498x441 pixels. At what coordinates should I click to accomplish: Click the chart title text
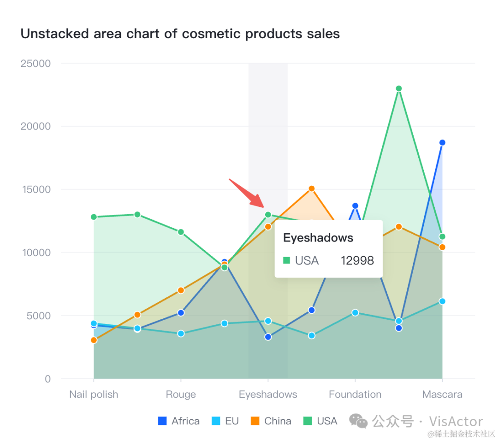point(180,34)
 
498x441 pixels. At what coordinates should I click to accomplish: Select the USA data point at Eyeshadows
point(268,215)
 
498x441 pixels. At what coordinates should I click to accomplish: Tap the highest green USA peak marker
point(399,88)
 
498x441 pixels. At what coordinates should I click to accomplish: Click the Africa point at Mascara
point(442,142)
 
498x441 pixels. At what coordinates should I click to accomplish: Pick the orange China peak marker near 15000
point(312,188)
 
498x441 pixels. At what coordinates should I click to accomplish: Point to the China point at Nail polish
point(94,340)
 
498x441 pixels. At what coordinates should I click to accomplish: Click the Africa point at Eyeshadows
point(268,337)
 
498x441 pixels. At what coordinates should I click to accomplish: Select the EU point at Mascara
point(442,301)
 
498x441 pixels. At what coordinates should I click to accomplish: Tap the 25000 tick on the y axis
point(36,63)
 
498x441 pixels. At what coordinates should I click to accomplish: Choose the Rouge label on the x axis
point(181,394)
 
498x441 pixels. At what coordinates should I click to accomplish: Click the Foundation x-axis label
point(355,394)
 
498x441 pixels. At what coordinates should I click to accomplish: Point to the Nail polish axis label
point(94,394)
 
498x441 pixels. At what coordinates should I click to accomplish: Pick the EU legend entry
point(225,421)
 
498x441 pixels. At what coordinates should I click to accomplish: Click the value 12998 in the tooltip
point(357,261)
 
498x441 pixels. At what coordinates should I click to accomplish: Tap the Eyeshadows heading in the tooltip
point(318,238)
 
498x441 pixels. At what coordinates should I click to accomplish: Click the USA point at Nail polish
point(94,217)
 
